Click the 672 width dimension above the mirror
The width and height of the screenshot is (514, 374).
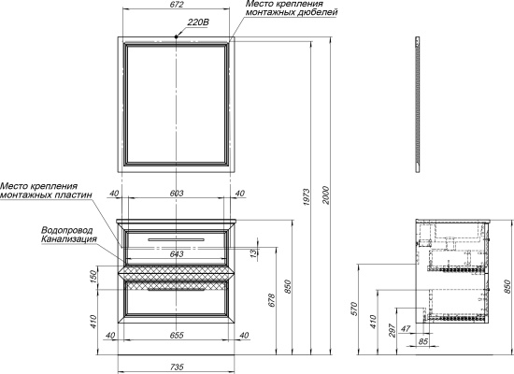point(177,5)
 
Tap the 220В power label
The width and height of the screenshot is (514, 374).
point(198,22)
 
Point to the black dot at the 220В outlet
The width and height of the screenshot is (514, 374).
point(176,36)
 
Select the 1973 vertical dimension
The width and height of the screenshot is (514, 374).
point(307,197)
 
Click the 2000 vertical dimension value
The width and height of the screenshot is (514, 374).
point(325,195)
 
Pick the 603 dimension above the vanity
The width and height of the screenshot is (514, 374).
point(177,194)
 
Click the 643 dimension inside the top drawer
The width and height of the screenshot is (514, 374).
point(177,254)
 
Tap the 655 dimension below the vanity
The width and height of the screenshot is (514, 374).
point(177,336)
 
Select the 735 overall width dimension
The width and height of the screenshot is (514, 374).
point(177,367)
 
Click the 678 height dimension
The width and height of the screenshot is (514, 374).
point(272,300)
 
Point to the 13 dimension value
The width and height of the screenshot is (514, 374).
point(254,252)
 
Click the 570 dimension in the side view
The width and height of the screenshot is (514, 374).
point(353,309)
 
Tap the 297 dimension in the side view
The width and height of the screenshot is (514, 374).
point(392,330)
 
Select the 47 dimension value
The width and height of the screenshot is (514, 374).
point(406,328)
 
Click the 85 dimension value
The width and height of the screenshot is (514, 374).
point(423,341)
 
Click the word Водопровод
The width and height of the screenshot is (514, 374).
point(67,230)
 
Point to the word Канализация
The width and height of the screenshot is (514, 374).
point(69,238)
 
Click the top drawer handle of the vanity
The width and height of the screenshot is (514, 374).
point(176,239)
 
